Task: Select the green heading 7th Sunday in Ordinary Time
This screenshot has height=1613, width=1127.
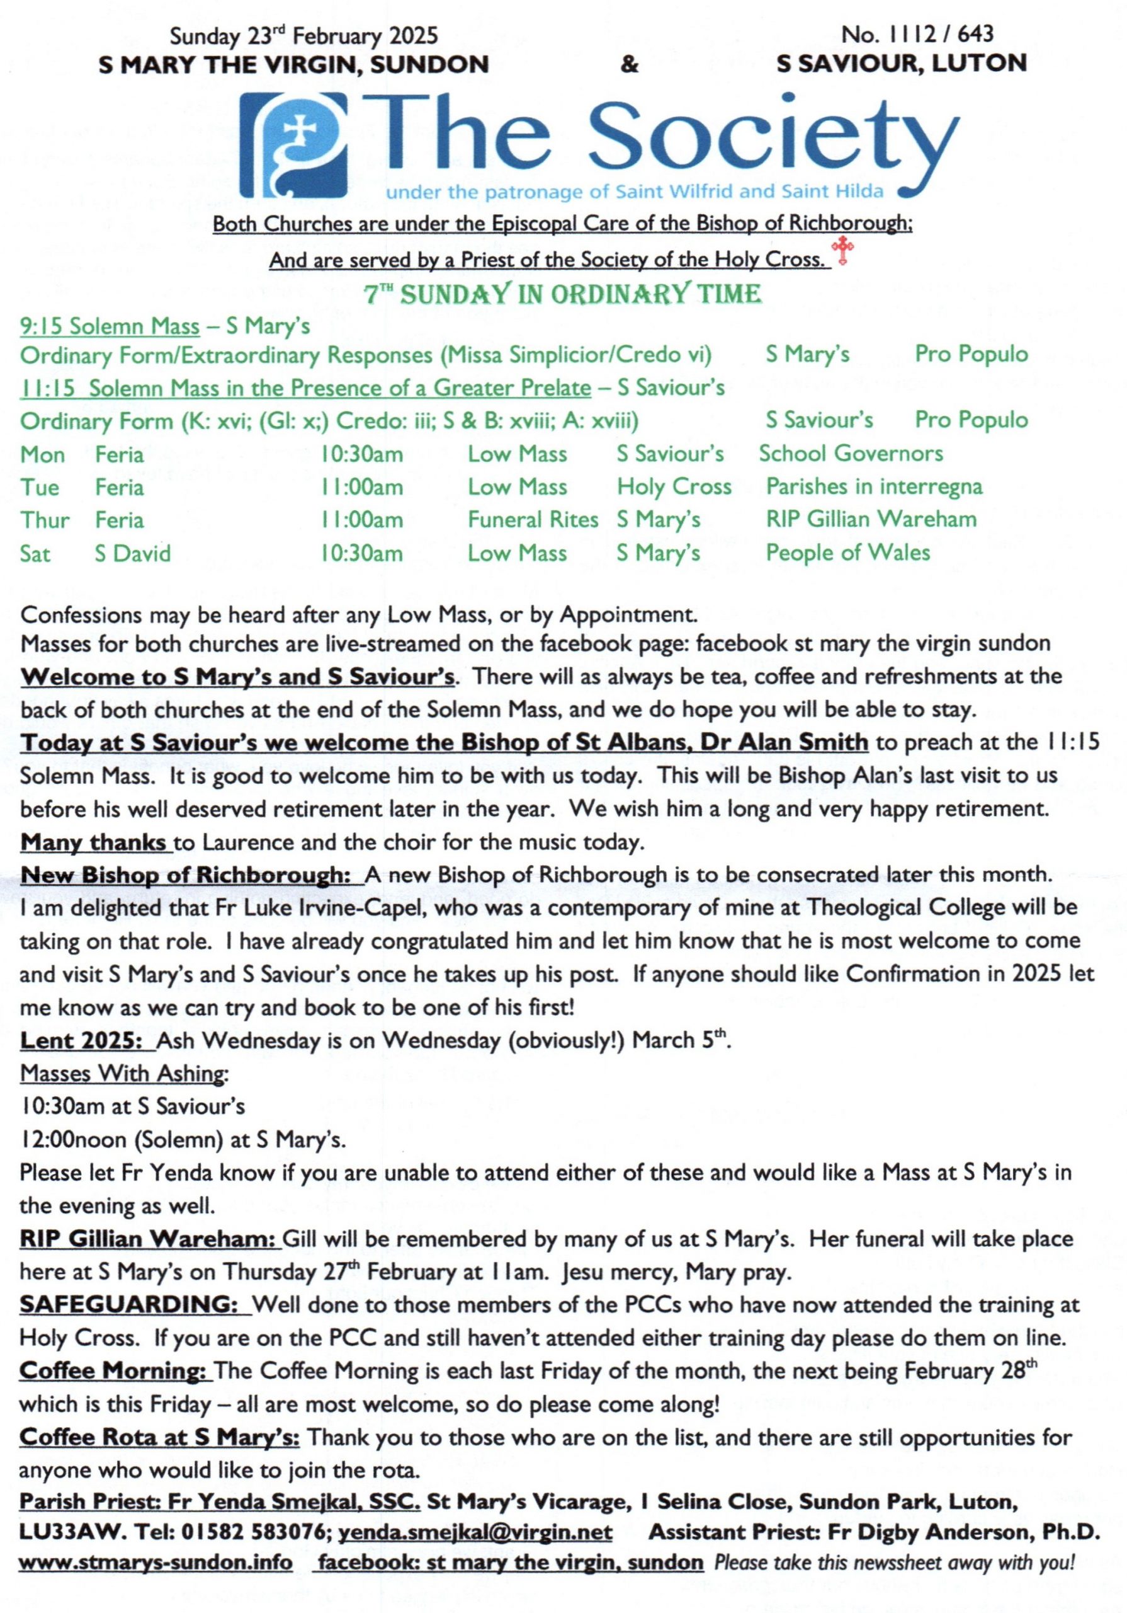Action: [x=562, y=293]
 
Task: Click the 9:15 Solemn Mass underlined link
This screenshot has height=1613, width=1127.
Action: [x=110, y=326]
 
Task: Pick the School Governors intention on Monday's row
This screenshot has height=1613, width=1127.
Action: [x=851, y=453]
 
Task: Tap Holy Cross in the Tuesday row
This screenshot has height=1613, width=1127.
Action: [x=674, y=486]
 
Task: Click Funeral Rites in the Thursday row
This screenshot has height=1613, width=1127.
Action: [x=533, y=519]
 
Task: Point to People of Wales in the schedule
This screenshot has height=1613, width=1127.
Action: [x=847, y=552]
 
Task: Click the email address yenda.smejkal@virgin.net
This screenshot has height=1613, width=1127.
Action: [x=475, y=1532]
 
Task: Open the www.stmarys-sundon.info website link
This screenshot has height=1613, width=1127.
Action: [x=155, y=1563]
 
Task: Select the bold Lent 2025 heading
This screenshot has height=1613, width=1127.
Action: [x=81, y=1040]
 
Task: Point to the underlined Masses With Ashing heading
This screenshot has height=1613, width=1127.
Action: [x=123, y=1073]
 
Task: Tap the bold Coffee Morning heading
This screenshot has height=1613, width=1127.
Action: [x=111, y=1370]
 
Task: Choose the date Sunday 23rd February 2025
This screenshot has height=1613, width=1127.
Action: [x=303, y=35]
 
